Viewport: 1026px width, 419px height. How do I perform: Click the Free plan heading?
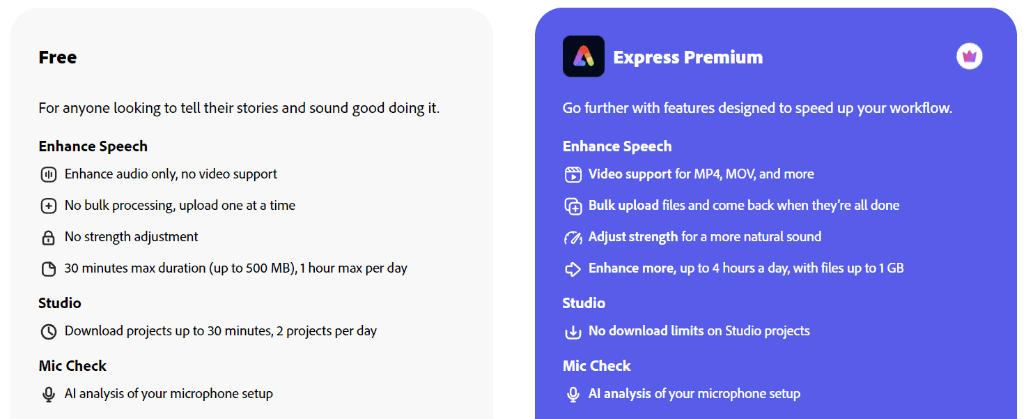pos(58,57)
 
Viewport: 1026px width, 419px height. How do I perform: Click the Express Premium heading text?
pos(687,57)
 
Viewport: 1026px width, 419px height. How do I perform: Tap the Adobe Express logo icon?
pos(583,56)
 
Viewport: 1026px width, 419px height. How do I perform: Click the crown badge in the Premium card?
pos(969,56)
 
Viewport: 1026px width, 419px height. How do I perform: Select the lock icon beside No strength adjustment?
pos(48,238)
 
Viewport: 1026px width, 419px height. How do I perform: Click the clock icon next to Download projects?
pos(48,332)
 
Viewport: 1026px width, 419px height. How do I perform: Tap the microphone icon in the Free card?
pos(48,395)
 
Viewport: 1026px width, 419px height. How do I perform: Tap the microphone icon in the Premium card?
pos(573,395)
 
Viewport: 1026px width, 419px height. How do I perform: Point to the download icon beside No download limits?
pos(573,332)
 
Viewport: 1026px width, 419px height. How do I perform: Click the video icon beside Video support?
pos(573,174)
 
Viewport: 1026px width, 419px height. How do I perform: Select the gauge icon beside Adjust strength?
pos(573,238)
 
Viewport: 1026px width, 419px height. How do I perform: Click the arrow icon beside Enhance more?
pos(573,269)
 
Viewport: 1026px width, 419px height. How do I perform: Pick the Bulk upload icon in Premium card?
pos(573,206)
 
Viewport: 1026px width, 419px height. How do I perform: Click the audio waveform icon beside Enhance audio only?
pos(48,174)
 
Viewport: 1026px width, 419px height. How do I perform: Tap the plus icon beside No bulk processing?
pos(48,206)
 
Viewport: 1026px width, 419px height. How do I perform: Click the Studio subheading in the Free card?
pos(60,303)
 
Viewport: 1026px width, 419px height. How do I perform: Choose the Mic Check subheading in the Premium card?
pos(596,366)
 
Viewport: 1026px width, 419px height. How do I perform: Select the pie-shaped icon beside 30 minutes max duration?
pos(48,269)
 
